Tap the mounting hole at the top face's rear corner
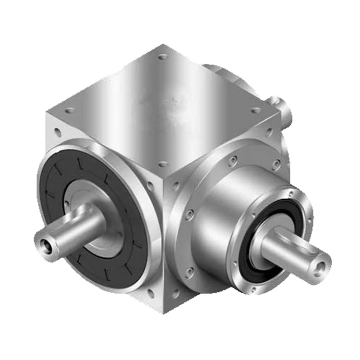pyautogui.click(x=163, y=57)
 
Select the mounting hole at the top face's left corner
pyautogui.click(x=70, y=110)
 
